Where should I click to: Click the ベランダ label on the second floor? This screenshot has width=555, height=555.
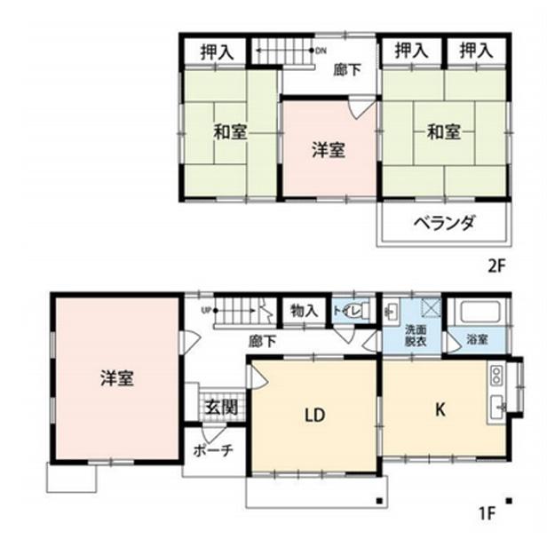(x=444, y=223)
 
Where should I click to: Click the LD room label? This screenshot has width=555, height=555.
(x=313, y=414)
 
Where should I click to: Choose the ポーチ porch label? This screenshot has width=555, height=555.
(x=213, y=450)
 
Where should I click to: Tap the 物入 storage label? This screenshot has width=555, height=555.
(x=304, y=311)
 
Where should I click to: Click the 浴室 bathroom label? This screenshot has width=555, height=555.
(x=477, y=339)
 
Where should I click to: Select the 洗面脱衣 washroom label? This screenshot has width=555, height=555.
(x=416, y=334)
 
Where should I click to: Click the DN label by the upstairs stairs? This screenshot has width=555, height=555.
(x=321, y=50)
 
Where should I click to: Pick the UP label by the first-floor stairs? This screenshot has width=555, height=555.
(x=206, y=310)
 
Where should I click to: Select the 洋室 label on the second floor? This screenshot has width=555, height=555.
(x=328, y=150)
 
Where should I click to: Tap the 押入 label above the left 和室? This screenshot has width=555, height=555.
(x=217, y=52)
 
